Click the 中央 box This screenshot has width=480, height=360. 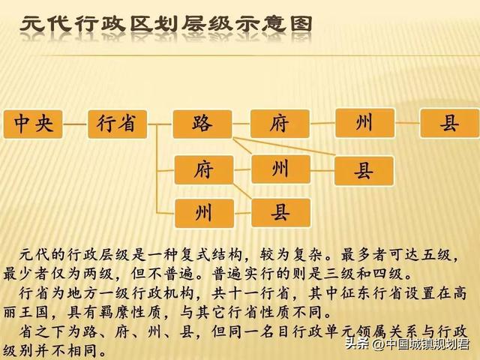[34, 124]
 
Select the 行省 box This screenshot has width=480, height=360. [117, 124]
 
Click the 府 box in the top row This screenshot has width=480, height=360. [279, 124]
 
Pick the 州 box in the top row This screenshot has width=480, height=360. [364, 123]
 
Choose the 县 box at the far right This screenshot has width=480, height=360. [448, 124]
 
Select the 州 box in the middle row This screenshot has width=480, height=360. [280, 169]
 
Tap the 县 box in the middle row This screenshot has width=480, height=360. [364, 171]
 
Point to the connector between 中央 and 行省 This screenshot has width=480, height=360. [76, 124]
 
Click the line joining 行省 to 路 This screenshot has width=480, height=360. [160, 124]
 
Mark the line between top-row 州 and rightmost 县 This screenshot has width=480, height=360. [406, 123]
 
